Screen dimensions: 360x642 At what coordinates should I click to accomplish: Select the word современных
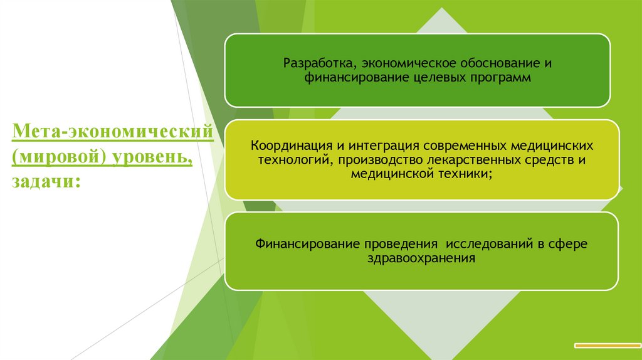[456, 145]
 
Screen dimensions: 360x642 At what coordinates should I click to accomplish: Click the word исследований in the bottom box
[488, 243]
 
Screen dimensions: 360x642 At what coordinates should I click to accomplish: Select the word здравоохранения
[421, 258]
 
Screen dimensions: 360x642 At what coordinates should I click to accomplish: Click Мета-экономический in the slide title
[111, 134]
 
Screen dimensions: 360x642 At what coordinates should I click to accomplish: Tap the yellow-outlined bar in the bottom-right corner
[607, 344]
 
